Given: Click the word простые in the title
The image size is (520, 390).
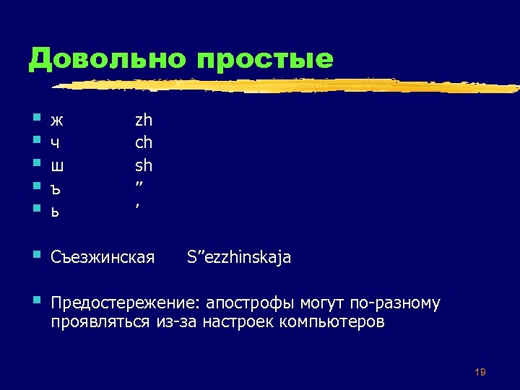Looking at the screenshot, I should tap(265, 59).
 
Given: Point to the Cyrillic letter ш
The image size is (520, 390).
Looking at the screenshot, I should tap(58, 166).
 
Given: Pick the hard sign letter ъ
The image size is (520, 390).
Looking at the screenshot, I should tap(56, 188).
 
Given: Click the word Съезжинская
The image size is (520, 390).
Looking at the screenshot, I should tap(103, 257).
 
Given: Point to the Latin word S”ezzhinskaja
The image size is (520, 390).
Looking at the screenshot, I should tap(239, 257).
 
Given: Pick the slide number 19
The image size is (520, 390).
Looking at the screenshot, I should tap(480, 372).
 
